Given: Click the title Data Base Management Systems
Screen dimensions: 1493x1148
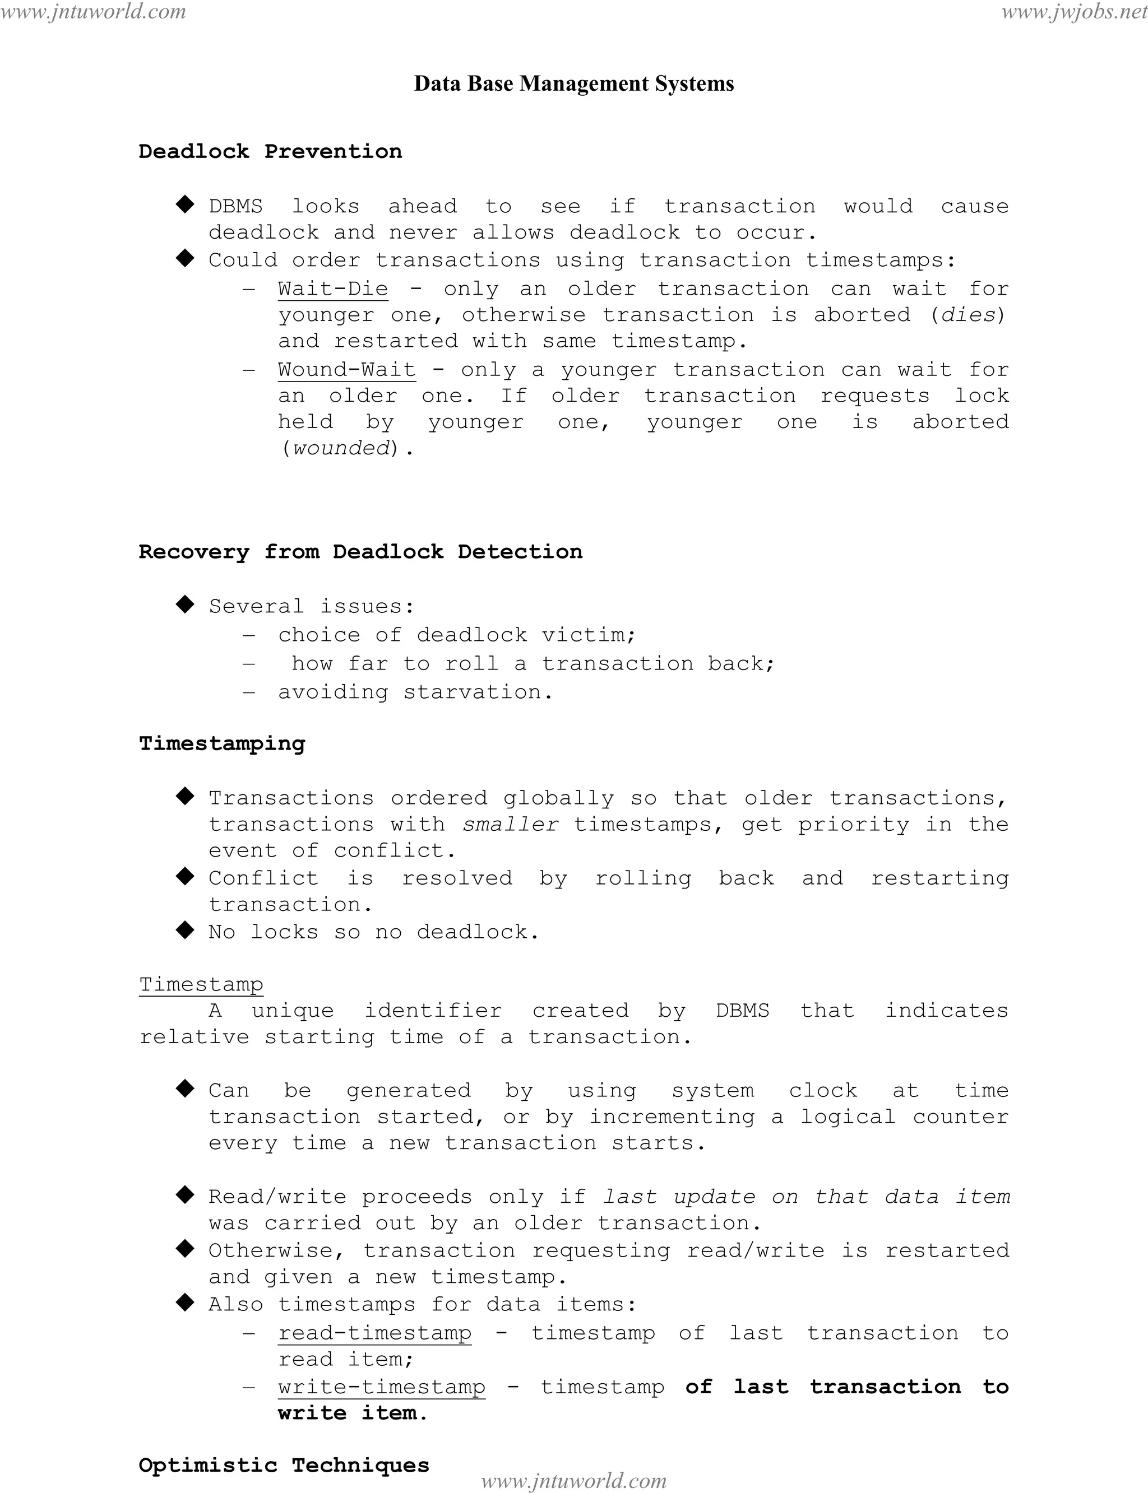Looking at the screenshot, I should point(574,84).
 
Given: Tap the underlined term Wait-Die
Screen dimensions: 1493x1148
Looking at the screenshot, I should point(333,289).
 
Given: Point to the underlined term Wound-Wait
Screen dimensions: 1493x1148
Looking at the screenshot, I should point(346,370).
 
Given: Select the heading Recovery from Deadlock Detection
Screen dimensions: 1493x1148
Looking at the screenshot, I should point(360,551).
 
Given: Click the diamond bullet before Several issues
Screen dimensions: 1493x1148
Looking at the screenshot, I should point(184,604).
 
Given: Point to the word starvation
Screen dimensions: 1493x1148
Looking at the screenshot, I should point(476,692).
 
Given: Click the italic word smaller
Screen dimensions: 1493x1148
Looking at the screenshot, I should point(511,824).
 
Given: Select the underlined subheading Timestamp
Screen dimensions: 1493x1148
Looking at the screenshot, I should point(201,984).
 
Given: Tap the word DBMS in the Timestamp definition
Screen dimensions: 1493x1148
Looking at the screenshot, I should point(742,1010).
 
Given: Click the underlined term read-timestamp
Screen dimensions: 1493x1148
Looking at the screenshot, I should point(374,1333).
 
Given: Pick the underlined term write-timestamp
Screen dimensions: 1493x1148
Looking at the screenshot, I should point(381,1387).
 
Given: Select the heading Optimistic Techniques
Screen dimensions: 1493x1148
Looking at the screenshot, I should point(284,1465).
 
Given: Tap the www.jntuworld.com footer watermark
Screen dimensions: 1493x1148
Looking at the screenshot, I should point(573,1481).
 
